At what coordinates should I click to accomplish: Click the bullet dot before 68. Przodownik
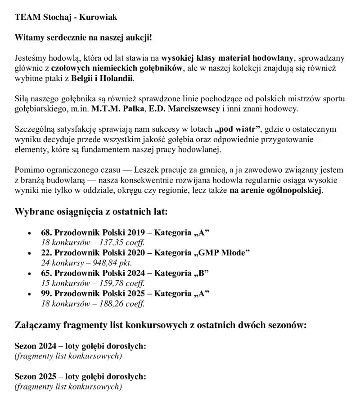tap(29, 233)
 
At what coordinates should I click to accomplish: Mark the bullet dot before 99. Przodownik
tap(29, 294)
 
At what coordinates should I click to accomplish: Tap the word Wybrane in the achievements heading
tap(33, 212)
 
